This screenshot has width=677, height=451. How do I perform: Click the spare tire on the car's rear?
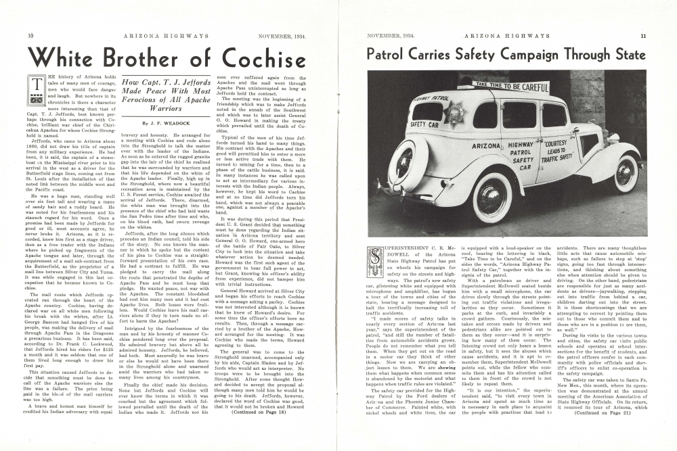[405, 163]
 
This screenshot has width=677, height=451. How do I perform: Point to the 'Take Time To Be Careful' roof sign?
[510, 86]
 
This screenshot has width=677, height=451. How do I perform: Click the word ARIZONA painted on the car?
[485, 147]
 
